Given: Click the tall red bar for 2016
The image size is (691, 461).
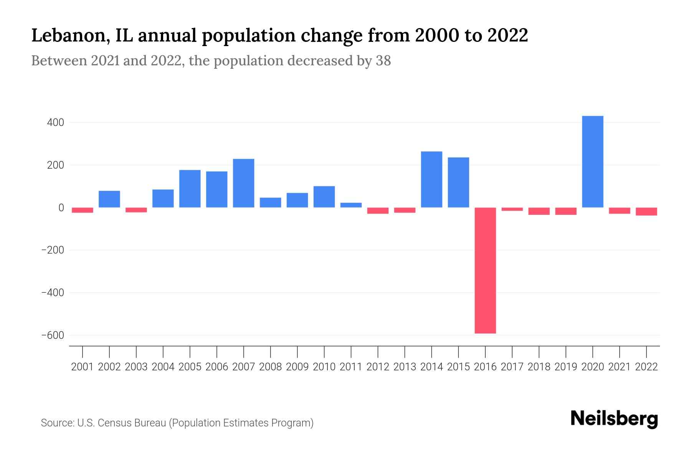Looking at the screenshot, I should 485,270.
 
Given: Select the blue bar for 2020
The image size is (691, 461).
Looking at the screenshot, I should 593,162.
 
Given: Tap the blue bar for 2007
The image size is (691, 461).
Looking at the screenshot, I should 243,183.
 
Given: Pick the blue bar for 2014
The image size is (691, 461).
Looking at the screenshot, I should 431,179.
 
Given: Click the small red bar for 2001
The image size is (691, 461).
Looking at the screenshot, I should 83,210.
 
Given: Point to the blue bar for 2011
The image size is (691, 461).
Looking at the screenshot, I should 351,205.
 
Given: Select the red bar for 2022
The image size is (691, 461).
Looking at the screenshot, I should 646,211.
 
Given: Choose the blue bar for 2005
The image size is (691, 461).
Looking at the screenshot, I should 190,189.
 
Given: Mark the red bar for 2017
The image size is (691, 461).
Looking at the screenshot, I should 512,209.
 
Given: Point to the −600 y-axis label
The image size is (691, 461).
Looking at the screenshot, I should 53,335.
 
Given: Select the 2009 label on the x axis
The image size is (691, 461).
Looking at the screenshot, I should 297,367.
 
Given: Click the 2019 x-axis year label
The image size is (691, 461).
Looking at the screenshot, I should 566,367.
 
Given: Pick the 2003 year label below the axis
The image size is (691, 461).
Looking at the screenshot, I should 136,367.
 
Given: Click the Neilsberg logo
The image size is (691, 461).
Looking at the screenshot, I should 614,419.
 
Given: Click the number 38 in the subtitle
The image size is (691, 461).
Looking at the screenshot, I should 383,61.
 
